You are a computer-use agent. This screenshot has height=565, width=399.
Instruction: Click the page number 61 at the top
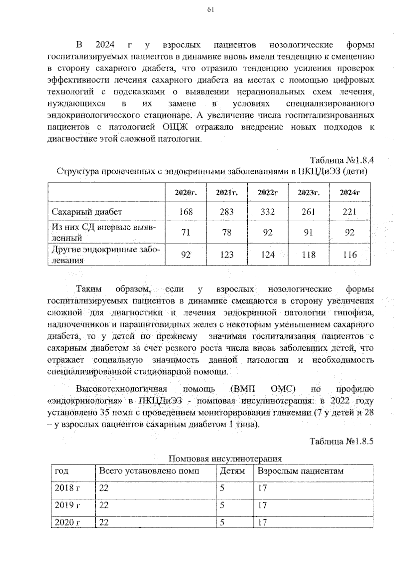click(x=210, y=10)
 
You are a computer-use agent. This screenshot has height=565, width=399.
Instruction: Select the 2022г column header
click(x=268, y=193)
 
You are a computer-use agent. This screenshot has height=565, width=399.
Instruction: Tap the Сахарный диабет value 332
click(x=268, y=212)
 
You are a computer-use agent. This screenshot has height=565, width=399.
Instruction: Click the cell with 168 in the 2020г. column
click(x=186, y=212)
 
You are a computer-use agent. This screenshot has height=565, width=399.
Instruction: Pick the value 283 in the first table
click(x=226, y=212)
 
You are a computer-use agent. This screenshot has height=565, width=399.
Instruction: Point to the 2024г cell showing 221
click(x=349, y=212)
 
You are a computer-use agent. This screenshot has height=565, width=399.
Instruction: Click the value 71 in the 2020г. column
click(x=186, y=232)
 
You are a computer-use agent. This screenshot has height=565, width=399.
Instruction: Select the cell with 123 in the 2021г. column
click(x=226, y=255)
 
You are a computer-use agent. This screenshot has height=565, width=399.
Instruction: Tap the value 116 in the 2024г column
click(x=349, y=255)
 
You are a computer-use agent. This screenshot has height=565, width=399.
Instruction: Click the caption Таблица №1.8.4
click(x=342, y=160)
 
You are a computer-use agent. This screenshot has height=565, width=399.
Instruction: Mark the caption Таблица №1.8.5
click(x=342, y=442)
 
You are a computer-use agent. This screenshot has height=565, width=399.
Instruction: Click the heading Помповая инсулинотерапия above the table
click(x=225, y=459)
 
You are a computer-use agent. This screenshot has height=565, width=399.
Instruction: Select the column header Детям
click(x=232, y=471)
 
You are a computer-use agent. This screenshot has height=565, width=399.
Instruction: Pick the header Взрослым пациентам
click(x=300, y=471)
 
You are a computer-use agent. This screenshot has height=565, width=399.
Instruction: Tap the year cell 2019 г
click(x=67, y=505)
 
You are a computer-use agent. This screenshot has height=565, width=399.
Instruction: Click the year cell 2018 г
click(x=67, y=488)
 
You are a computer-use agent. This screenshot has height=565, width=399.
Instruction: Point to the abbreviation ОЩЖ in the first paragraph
click(x=175, y=127)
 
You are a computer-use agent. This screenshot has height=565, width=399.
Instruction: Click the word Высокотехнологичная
click(x=121, y=389)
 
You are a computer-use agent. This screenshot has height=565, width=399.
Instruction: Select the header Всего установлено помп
click(x=149, y=471)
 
